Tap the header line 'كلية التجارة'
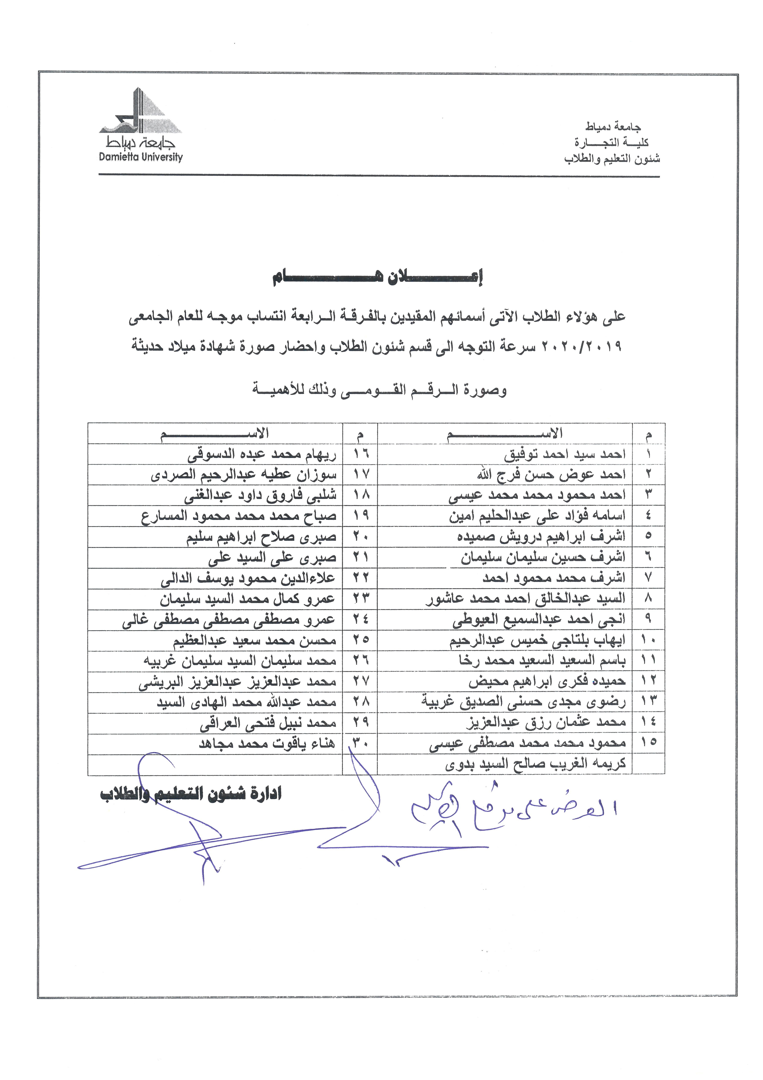click(x=611, y=142)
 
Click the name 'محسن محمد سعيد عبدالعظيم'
click(x=254, y=640)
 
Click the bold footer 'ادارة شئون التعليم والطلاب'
click(x=190, y=794)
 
